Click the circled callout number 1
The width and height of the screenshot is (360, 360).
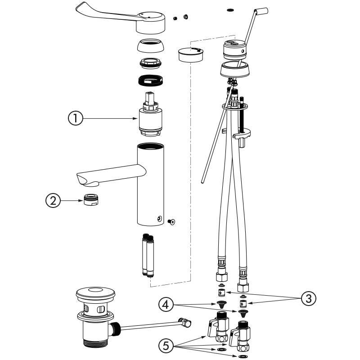tap(75, 119)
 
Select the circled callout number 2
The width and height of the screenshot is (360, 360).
tap(54, 201)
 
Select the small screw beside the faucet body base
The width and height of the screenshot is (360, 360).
tap(171, 221)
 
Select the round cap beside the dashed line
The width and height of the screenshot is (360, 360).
tap(190, 55)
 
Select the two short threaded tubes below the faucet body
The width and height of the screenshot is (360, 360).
tap(147, 255)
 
